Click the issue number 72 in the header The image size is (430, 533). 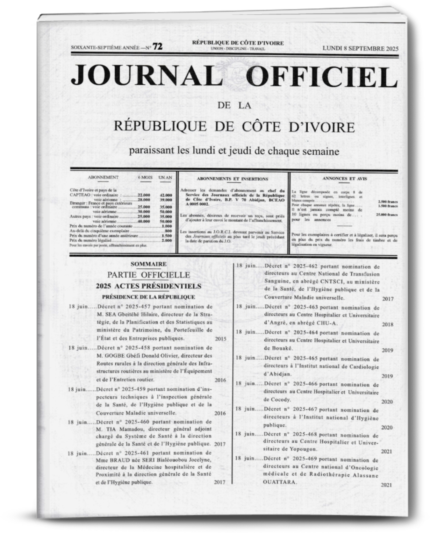[157, 47]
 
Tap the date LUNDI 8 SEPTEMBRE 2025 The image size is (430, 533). [360, 49]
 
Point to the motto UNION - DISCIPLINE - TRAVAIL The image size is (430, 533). [238, 49]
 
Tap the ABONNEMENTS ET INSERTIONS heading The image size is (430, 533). [232, 179]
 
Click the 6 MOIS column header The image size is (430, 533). [145, 177]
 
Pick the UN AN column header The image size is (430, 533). [165, 177]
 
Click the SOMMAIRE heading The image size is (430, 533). [148, 264]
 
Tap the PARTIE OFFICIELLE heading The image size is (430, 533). [148, 275]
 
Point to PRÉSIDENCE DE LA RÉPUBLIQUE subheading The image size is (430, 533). [148, 297]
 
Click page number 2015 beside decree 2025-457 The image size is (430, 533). [220, 339]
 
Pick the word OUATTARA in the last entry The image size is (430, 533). [279, 482]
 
